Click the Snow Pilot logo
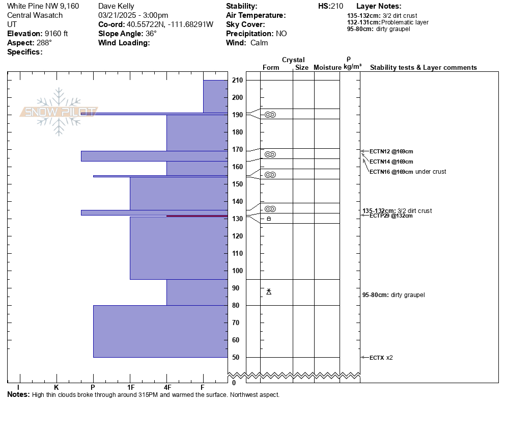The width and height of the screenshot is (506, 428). (59, 112)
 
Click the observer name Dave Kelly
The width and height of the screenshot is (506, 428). (116, 6)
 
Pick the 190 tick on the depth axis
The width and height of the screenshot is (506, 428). (237, 115)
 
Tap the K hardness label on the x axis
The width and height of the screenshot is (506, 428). (57, 387)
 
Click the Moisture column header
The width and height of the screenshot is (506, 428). (327, 68)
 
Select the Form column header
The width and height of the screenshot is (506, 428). (271, 68)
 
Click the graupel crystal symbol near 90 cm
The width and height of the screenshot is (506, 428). (269, 291)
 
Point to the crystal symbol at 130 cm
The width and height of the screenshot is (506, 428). (269, 219)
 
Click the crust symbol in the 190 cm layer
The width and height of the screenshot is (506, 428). (270, 115)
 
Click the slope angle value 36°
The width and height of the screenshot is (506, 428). (151, 34)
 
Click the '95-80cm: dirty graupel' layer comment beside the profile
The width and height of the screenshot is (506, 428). (393, 295)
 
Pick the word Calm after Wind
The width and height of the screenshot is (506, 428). (259, 43)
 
